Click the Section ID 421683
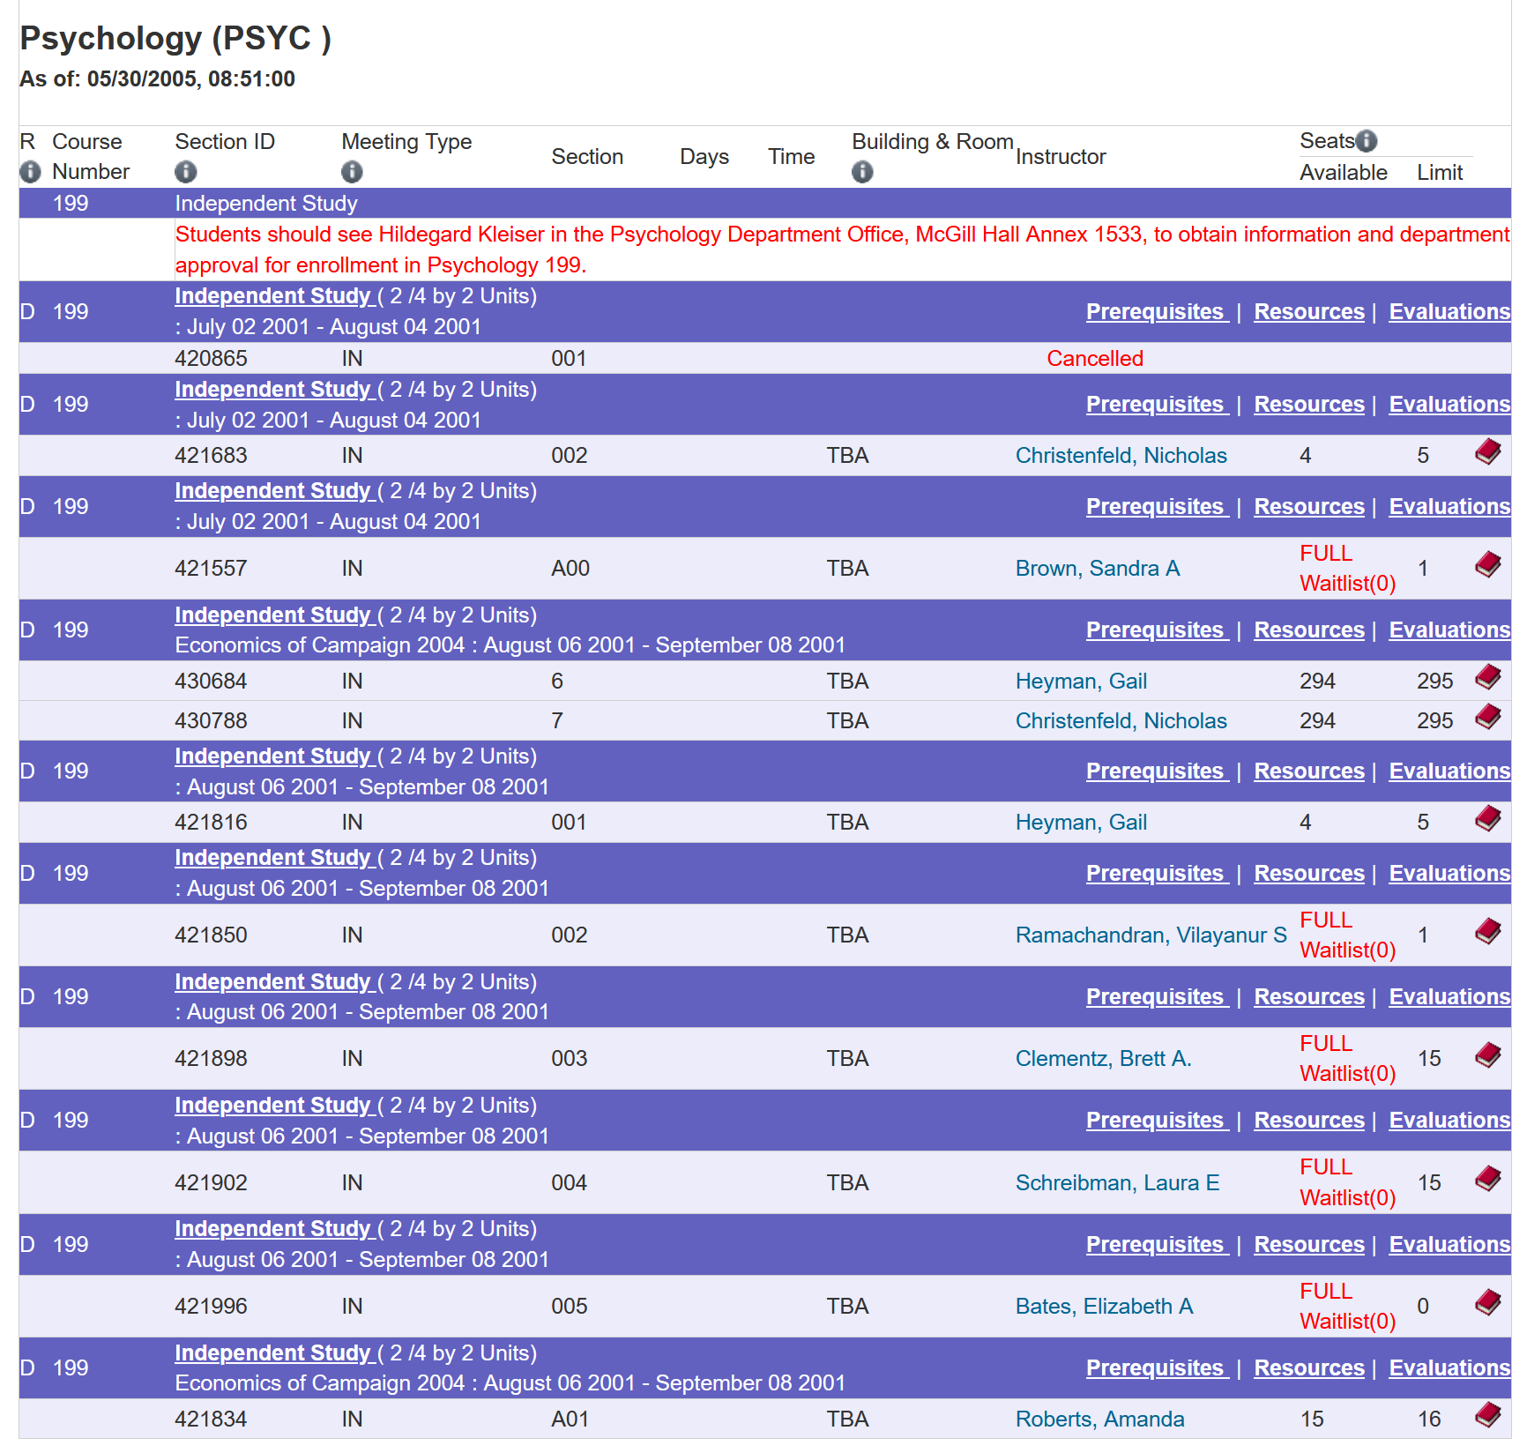point(211,456)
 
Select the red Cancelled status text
point(1095,359)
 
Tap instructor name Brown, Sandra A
point(1098,569)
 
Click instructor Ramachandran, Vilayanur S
point(1151,935)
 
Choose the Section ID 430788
point(211,721)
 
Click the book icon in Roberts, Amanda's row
point(1488,1415)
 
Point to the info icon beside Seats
point(1366,141)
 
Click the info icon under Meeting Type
point(352,172)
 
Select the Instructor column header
point(1061,157)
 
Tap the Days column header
point(704,157)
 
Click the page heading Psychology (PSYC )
point(175,39)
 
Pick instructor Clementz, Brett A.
point(1104,1059)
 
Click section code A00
point(570,569)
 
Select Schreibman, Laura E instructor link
point(1118,1183)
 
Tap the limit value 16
point(1429,1419)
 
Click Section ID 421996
point(211,1307)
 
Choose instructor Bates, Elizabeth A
point(1105,1307)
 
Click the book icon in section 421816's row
point(1488,819)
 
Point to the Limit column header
point(1440,173)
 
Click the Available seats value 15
point(1312,1419)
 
